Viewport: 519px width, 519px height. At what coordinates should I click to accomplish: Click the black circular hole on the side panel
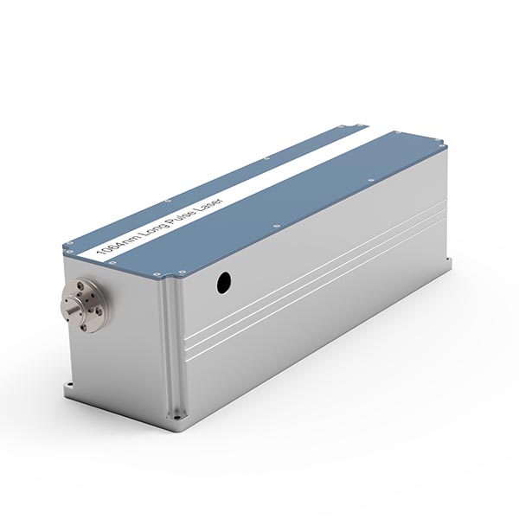point(224,283)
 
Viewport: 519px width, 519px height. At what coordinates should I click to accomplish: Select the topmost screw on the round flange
point(81,284)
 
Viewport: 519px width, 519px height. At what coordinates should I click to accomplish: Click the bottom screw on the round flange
point(84,327)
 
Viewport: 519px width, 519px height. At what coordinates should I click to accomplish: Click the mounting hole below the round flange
point(69,385)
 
